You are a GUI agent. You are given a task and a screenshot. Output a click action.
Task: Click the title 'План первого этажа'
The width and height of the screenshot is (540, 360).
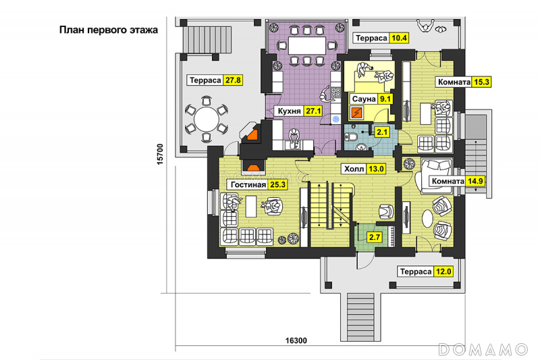pyautogui.click(x=108, y=30)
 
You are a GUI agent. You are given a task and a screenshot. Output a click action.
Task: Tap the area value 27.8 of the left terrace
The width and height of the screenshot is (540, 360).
pyautogui.click(x=233, y=80)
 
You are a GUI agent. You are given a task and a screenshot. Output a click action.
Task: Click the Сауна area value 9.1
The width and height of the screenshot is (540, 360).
pyautogui.click(x=385, y=99)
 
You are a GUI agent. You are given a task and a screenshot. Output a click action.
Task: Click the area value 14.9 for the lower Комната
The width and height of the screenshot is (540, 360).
pyautogui.click(x=476, y=181)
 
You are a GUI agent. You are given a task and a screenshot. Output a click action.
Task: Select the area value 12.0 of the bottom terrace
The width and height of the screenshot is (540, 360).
pyautogui.click(x=443, y=272)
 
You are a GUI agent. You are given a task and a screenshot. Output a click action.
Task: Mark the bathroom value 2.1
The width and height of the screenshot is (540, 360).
pyautogui.click(x=382, y=132)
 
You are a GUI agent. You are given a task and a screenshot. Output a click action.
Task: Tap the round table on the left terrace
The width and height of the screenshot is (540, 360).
pyautogui.click(x=203, y=122)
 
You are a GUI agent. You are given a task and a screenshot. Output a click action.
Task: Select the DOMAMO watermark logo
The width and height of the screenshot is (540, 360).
pyautogui.click(x=483, y=349)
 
